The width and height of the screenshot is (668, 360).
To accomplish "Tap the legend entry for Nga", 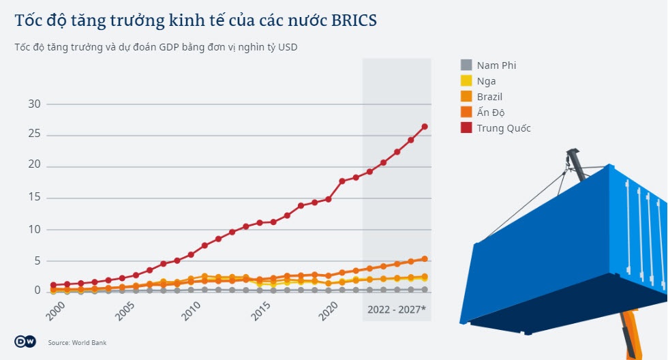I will tap(486, 81).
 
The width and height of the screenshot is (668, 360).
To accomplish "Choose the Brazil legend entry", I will tap(489, 97).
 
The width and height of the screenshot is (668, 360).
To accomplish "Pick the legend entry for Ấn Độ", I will tap(490, 112).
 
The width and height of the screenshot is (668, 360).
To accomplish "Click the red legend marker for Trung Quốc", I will tap(466, 128).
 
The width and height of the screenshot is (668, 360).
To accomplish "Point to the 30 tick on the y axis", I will tap(34, 104).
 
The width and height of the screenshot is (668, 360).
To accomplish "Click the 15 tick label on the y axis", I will tap(34, 198).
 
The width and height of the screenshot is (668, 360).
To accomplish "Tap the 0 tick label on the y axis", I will tap(37, 291).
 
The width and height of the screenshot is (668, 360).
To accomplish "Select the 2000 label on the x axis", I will tap(57, 311).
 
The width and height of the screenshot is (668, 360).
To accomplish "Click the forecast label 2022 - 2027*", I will tap(396, 310).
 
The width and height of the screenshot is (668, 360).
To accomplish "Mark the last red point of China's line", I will tap(425, 127).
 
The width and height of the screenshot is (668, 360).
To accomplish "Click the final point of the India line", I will tap(425, 259).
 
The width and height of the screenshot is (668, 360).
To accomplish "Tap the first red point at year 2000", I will tap(53, 285).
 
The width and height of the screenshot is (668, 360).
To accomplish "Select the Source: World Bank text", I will tap(77, 343).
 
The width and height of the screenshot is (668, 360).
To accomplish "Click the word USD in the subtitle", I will tap(288, 47).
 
